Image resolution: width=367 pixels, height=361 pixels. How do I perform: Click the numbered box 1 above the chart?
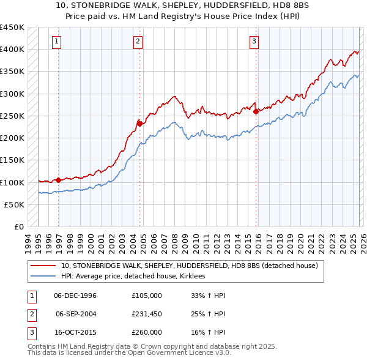(56, 42)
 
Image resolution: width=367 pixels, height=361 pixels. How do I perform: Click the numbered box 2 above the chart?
(138, 42)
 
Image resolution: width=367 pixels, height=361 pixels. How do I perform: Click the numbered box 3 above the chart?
(254, 42)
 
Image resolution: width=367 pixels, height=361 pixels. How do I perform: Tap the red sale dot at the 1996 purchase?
(59, 180)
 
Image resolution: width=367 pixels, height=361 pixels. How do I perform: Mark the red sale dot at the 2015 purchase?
(256, 111)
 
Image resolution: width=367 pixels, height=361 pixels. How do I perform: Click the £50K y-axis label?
(14, 205)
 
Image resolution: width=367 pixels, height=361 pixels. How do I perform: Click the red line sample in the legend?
(43, 266)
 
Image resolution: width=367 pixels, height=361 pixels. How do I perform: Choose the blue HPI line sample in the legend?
(43, 277)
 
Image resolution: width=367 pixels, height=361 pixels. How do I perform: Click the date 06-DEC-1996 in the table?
(75, 296)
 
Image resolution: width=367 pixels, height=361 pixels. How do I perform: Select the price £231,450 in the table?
(147, 314)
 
